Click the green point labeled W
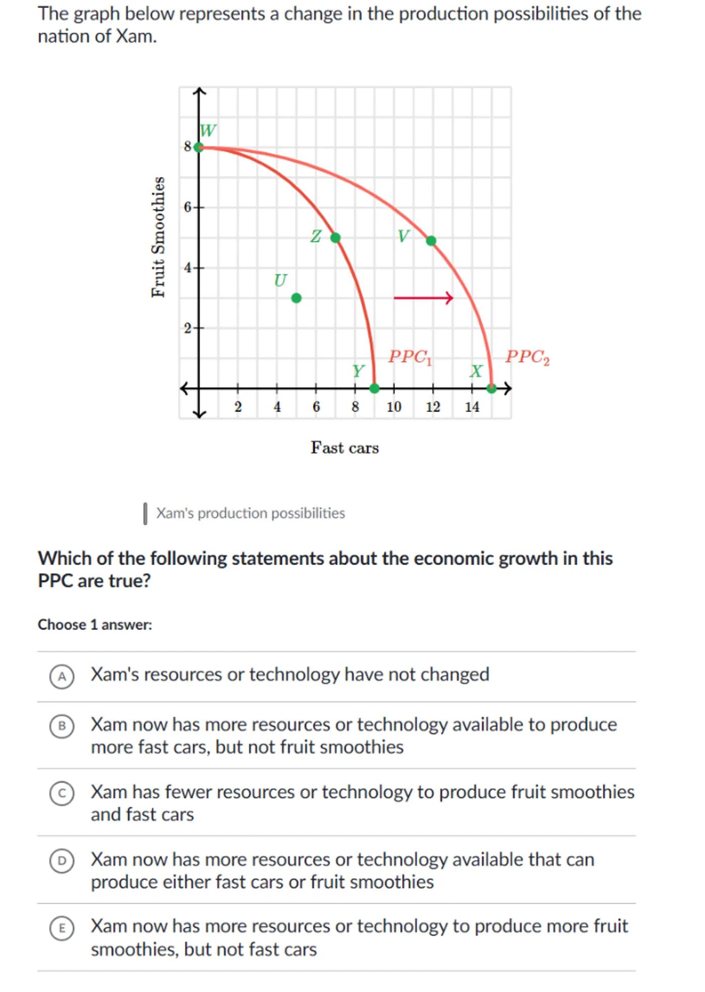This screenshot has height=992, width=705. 199,147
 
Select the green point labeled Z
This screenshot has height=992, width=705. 335,238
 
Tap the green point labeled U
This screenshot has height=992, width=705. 296,298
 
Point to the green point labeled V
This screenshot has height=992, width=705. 431,241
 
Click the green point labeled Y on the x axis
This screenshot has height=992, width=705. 374,388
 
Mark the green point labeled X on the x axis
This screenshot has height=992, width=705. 491,388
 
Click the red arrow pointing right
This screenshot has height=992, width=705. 423,298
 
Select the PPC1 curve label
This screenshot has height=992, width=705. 410,357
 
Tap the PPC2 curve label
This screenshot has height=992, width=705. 527,357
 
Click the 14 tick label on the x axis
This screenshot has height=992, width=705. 472,407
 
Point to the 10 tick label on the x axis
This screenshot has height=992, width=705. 394,407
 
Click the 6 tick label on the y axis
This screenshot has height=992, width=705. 187,207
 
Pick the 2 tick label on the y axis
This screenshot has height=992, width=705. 187,328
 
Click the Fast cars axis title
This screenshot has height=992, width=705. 344,448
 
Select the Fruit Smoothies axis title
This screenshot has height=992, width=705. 159,237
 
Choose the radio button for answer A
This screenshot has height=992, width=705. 62,676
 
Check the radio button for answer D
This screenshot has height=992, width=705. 62,860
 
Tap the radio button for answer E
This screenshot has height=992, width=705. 62,928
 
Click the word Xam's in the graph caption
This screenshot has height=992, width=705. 175,513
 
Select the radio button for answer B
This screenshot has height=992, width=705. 62,726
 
